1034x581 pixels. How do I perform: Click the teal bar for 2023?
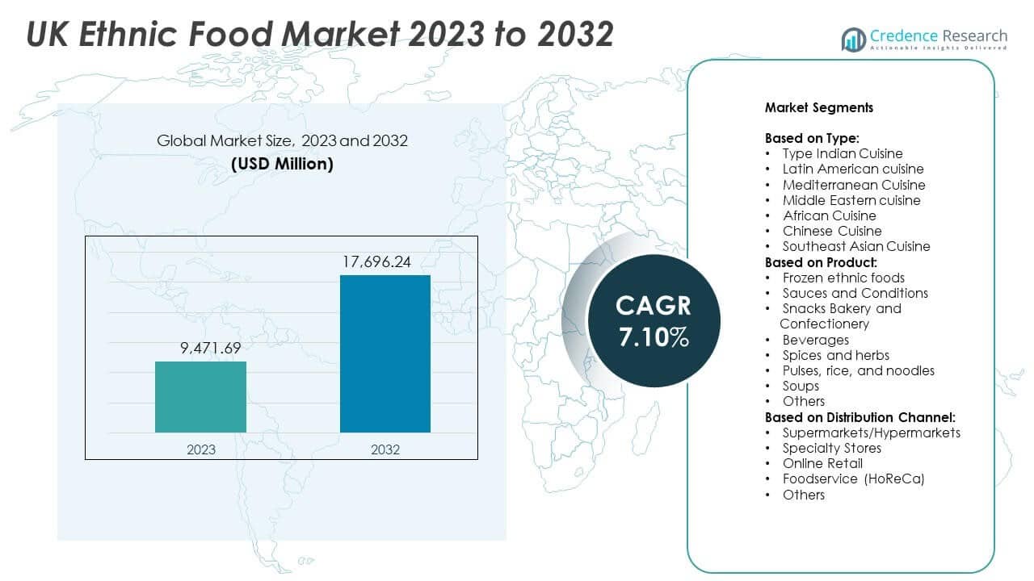(x=200, y=396)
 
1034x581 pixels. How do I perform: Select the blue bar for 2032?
(x=385, y=353)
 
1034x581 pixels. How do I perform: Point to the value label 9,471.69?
(x=200, y=348)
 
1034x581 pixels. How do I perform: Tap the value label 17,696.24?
(x=385, y=261)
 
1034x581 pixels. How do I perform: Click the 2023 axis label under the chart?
(x=200, y=449)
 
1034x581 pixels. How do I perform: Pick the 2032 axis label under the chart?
(x=385, y=449)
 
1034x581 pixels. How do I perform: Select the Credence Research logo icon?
(x=853, y=39)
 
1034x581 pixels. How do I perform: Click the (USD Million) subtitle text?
(x=282, y=163)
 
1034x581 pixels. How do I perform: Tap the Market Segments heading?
(x=818, y=107)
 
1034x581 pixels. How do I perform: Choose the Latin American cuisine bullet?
(x=852, y=169)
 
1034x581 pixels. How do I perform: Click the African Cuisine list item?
(x=829, y=215)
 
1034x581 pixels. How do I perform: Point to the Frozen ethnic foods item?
(x=843, y=278)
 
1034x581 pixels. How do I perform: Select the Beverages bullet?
(x=815, y=340)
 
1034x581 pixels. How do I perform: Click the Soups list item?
(x=801, y=386)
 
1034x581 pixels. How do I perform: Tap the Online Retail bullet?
(x=822, y=463)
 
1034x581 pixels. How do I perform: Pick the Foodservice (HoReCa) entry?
(x=853, y=479)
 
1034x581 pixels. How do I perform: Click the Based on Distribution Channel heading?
(x=860, y=417)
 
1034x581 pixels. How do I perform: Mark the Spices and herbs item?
(x=835, y=355)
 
